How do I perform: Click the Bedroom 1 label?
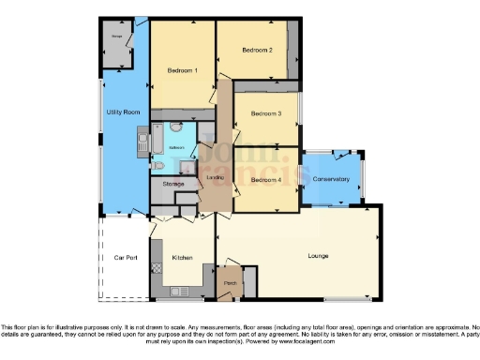182,71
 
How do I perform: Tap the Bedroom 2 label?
257,50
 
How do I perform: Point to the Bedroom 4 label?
266,179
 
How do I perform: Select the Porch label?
230,281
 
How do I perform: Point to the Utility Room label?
123,112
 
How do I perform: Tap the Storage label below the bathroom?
172,184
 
